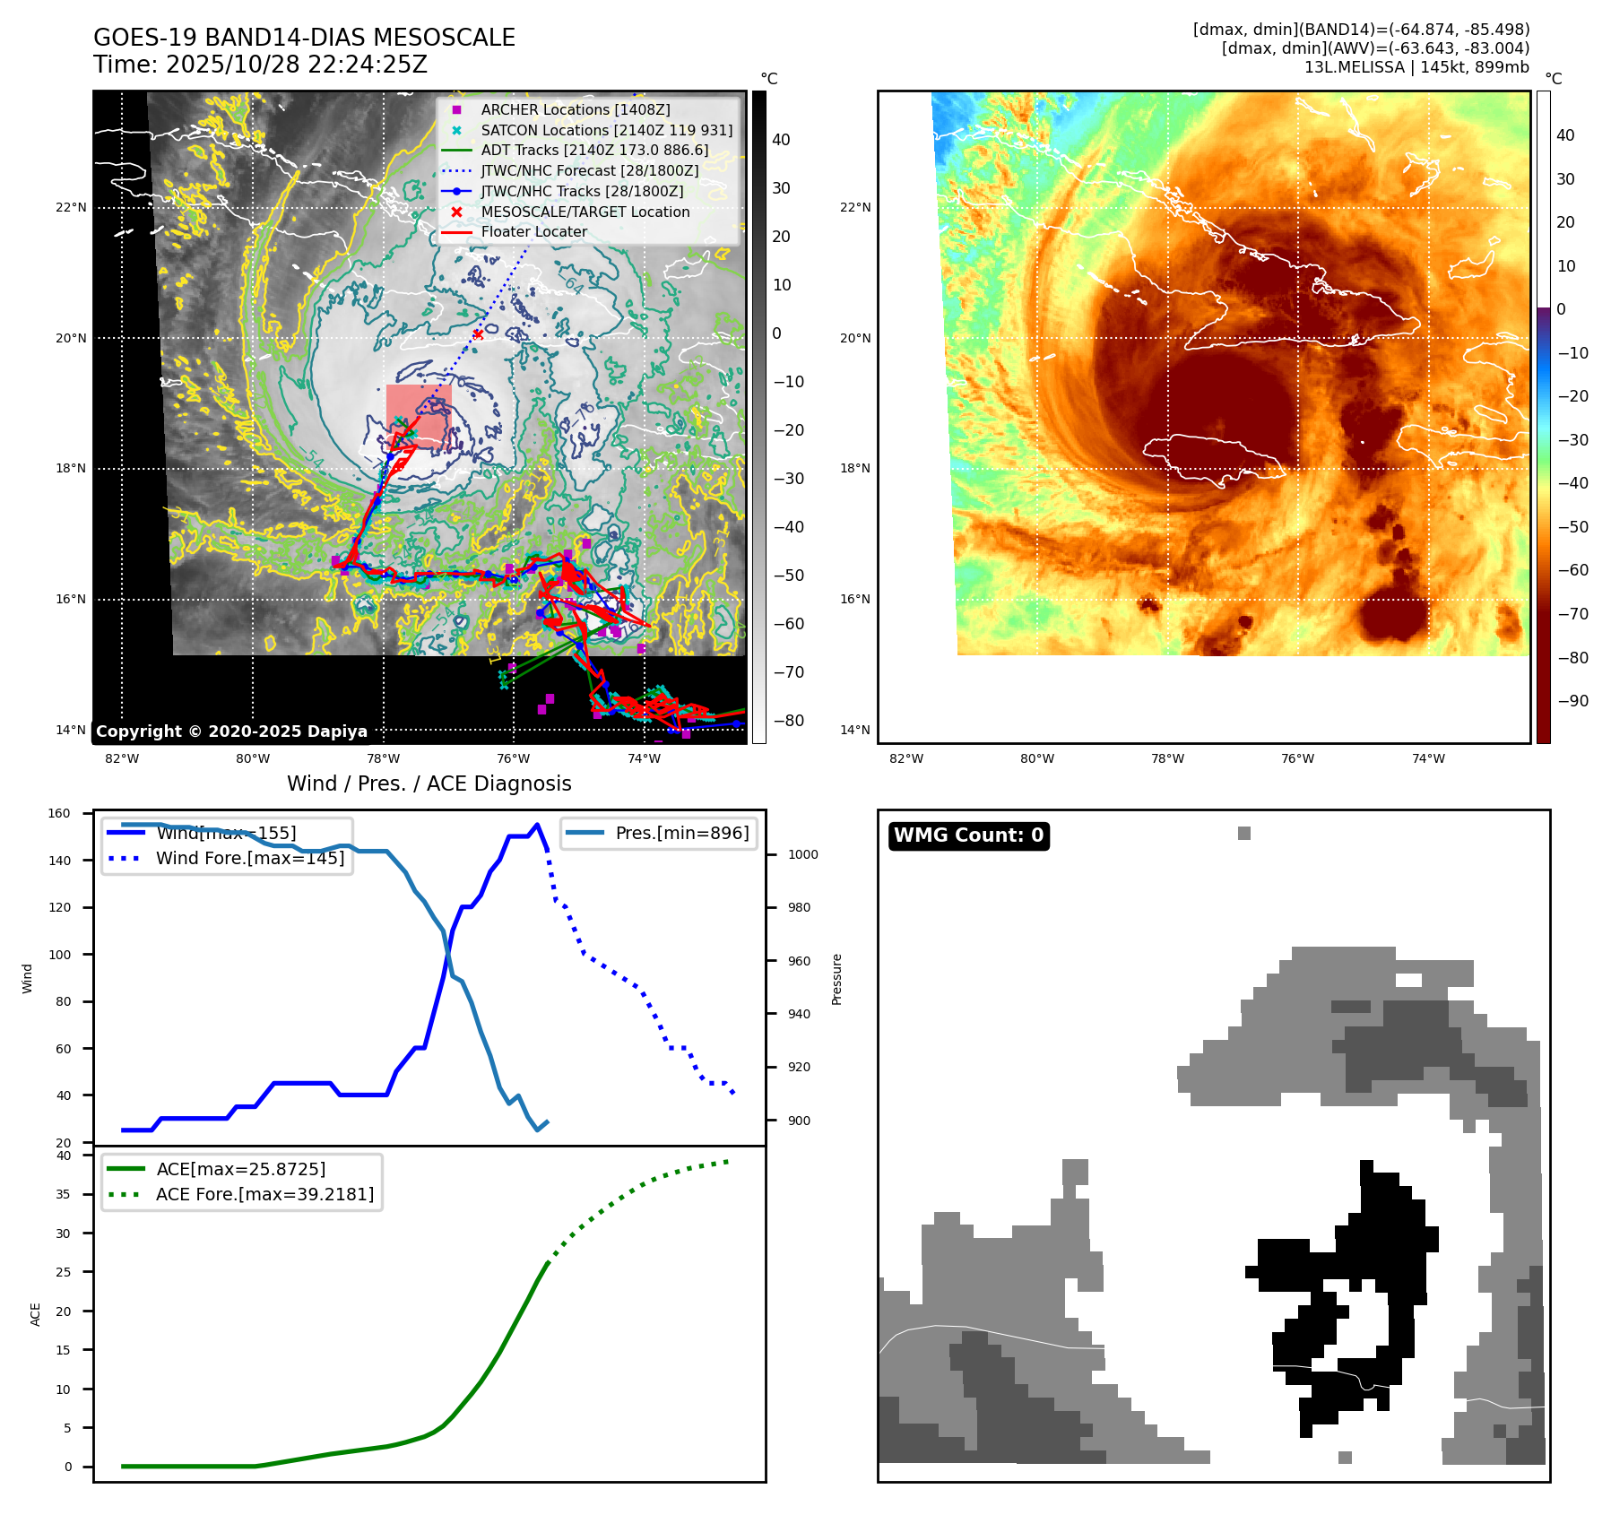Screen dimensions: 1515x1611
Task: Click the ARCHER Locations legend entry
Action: point(575,109)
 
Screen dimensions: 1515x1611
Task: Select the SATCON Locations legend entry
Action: point(606,130)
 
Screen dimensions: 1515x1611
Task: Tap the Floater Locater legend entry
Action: point(533,231)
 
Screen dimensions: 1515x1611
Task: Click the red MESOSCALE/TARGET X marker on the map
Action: point(478,334)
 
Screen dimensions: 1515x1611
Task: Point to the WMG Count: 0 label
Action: point(968,835)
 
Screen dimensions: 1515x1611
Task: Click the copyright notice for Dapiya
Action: point(231,732)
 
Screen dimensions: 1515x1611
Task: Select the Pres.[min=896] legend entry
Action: point(681,833)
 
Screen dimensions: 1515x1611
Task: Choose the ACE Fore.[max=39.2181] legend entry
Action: point(264,1194)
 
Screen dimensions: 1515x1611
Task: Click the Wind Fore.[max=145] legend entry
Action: point(249,858)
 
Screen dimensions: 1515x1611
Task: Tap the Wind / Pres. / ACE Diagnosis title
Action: point(429,783)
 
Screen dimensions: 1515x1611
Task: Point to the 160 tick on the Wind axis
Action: point(59,813)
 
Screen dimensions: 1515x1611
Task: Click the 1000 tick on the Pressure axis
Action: point(802,854)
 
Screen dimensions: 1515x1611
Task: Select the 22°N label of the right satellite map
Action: point(855,207)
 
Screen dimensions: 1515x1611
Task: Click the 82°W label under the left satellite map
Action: point(122,758)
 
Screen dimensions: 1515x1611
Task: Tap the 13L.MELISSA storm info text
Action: point(1416,67)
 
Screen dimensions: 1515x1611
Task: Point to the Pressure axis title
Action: point(836,979)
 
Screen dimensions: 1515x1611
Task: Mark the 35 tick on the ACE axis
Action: point(63,1194)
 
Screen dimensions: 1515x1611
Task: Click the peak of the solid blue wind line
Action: point(537,825)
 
